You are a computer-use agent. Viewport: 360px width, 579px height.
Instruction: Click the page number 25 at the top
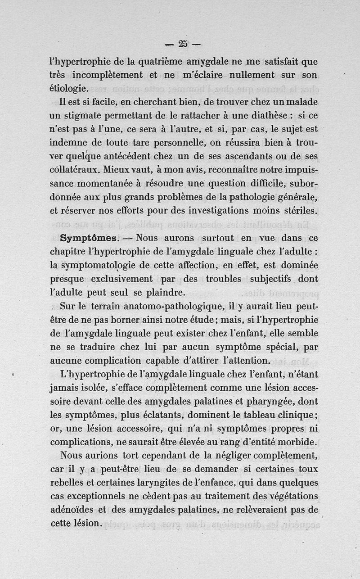(182, 44)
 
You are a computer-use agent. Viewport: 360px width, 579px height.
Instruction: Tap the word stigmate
(85, 116)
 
